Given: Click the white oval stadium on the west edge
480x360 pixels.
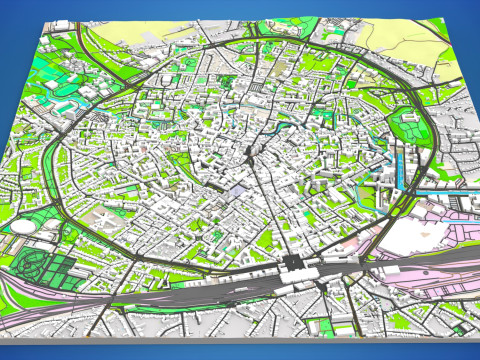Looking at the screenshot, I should (22, 227).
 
